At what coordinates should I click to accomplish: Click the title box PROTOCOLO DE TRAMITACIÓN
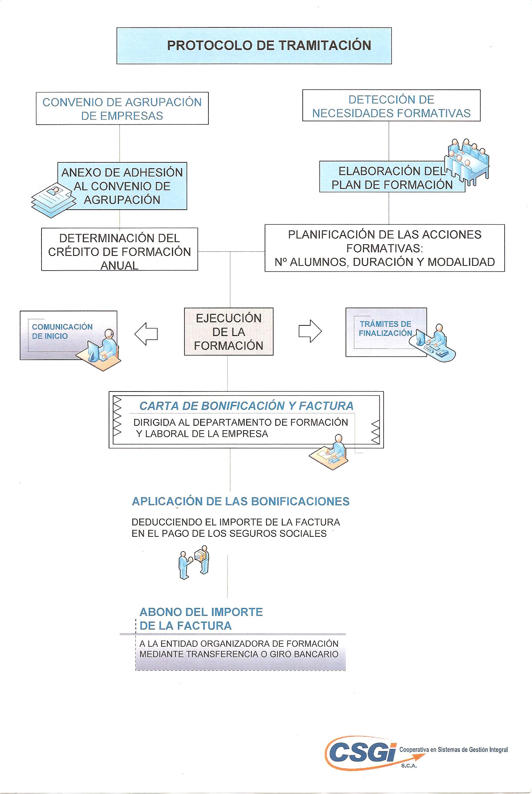click(254, 46)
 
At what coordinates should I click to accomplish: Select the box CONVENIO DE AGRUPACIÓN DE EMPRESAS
click(122, 108)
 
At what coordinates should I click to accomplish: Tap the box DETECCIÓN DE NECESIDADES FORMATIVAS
click(391, 106)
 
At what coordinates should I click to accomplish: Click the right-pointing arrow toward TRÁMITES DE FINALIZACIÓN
click(310, 331)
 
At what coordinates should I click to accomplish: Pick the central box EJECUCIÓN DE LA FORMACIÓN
click(229, 332)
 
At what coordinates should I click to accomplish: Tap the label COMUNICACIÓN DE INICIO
click(62, 331)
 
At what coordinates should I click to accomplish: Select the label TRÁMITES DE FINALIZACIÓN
click(385, 328)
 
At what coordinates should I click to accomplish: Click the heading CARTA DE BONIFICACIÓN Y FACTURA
click(246, 406)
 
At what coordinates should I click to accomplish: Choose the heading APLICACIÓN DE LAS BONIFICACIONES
click(241, 501)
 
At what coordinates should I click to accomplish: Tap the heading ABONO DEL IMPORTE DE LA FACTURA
click(201, 619)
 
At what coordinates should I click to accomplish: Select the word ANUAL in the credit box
click(119, 265)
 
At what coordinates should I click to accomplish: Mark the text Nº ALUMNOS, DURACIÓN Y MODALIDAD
click(385, 262)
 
